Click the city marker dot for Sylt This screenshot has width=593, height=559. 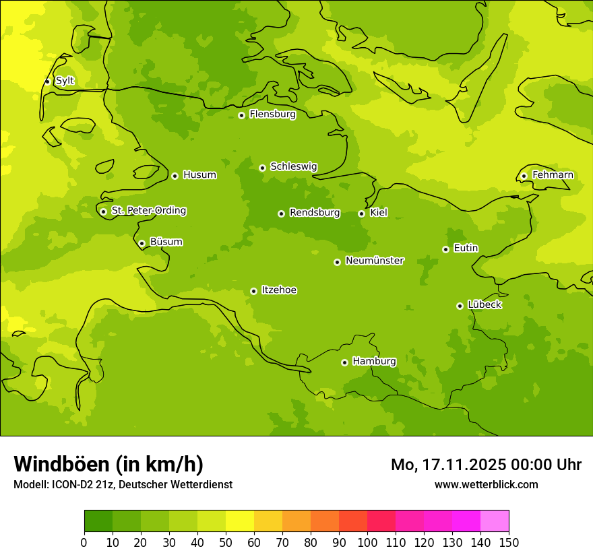coord(47,81)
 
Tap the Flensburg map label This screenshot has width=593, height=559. coord(272,114)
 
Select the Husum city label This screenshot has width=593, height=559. coord(199,175)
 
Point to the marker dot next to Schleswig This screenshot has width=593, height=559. coord(262,168)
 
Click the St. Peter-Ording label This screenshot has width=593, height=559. coord(148,211)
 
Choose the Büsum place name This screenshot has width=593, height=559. coord(166,242)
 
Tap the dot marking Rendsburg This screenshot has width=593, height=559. coord(281,213)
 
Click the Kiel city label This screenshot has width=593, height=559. coord(379,213)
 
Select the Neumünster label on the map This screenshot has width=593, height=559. coord(375,261)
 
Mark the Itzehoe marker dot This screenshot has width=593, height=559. coord(253,291)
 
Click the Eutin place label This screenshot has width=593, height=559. coord(466,249)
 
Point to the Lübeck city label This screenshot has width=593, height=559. coord(485,304)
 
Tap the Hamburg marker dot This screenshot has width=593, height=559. coord(344,362)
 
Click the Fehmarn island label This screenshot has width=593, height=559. coord(553,175)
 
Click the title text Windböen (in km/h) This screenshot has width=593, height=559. coord(108,464)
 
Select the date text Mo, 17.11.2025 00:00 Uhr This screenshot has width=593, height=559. coord(486,465)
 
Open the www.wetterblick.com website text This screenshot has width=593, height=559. coord(486,484)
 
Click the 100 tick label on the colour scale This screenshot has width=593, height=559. coord(367,542)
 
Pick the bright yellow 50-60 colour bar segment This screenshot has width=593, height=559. coord(240,521)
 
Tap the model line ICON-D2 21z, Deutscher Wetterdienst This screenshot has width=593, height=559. coord(123,484)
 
